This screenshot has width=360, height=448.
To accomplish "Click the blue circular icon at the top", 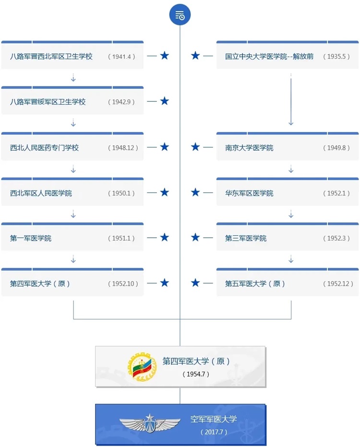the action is coord(180,14).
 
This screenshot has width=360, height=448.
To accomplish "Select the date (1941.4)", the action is coord(121,57).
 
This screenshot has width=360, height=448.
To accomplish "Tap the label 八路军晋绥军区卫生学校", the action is coord(48,102).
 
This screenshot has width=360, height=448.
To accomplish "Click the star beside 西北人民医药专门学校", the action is coord(164,147).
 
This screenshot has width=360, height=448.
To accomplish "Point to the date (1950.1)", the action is coord(121,193).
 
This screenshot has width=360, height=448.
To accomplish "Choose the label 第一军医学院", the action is coord(31,238).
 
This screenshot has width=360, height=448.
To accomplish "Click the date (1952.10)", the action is coord(123,284).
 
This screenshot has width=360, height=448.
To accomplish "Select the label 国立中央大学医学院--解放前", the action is coord(269,57).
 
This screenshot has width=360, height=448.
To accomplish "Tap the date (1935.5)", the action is coord(336,57).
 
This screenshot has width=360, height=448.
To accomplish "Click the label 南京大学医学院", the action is coord(249,148).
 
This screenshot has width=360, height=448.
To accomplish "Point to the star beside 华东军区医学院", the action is coord(195,192).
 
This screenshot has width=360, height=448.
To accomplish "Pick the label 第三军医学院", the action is coord(246,238).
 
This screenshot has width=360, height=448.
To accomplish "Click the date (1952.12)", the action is coord(338,284).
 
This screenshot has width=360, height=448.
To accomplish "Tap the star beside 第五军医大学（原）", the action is coord(195,283).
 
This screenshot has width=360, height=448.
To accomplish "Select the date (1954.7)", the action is coord(196,374).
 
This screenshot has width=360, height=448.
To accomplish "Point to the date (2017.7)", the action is coord(214,432).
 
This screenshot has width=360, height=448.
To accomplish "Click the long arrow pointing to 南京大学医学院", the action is coord(291,100).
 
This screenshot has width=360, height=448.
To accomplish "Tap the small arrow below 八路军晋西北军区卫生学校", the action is coord(73,78).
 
